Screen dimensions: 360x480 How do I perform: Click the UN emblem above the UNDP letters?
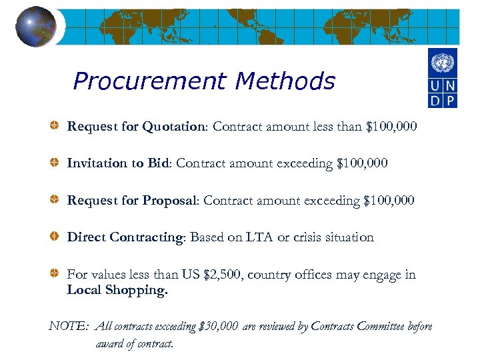point(443,64)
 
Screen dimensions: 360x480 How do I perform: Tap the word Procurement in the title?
point(150,81)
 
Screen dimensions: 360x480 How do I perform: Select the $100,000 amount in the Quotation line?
point(392,126)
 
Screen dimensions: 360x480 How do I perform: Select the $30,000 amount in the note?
point(219,327)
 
